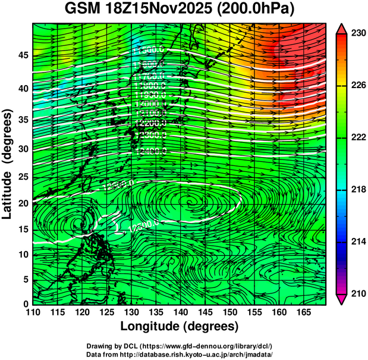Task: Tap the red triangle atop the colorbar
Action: (341, 29)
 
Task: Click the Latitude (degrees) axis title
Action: (8, 164)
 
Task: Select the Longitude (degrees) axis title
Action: (179, 326)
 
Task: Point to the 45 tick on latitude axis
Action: (23, 55)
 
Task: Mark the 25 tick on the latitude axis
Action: (23, 177)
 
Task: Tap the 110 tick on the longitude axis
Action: (33, 311)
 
